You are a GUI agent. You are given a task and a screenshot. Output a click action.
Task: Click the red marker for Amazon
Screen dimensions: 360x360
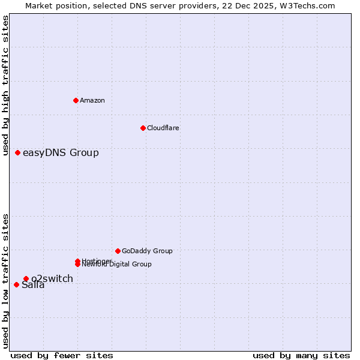76,100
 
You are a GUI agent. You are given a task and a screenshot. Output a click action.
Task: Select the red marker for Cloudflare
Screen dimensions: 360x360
143,128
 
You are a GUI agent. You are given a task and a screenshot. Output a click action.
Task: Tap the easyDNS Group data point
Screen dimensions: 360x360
17,152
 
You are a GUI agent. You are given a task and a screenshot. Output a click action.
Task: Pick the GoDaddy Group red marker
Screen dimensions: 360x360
118,251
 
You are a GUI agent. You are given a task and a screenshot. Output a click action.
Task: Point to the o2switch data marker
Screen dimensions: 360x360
26,278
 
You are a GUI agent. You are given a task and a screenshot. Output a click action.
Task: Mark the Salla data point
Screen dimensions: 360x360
16,284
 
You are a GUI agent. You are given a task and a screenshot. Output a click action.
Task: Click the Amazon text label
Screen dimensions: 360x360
92,100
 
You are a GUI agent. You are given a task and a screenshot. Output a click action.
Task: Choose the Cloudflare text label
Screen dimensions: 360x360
163,128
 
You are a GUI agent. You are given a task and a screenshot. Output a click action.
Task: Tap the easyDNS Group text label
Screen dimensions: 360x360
61,152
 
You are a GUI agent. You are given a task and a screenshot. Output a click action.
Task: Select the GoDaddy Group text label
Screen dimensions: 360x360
147,251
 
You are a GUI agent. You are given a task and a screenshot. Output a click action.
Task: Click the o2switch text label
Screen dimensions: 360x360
52,278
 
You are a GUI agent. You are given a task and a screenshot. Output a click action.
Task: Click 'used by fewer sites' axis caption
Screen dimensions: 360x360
62,356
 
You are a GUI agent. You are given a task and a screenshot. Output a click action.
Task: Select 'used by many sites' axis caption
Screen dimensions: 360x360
301,356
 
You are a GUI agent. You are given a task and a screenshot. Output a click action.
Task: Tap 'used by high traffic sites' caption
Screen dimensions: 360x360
5,86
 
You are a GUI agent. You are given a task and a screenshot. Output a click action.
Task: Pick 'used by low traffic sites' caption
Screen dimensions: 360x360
5,281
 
